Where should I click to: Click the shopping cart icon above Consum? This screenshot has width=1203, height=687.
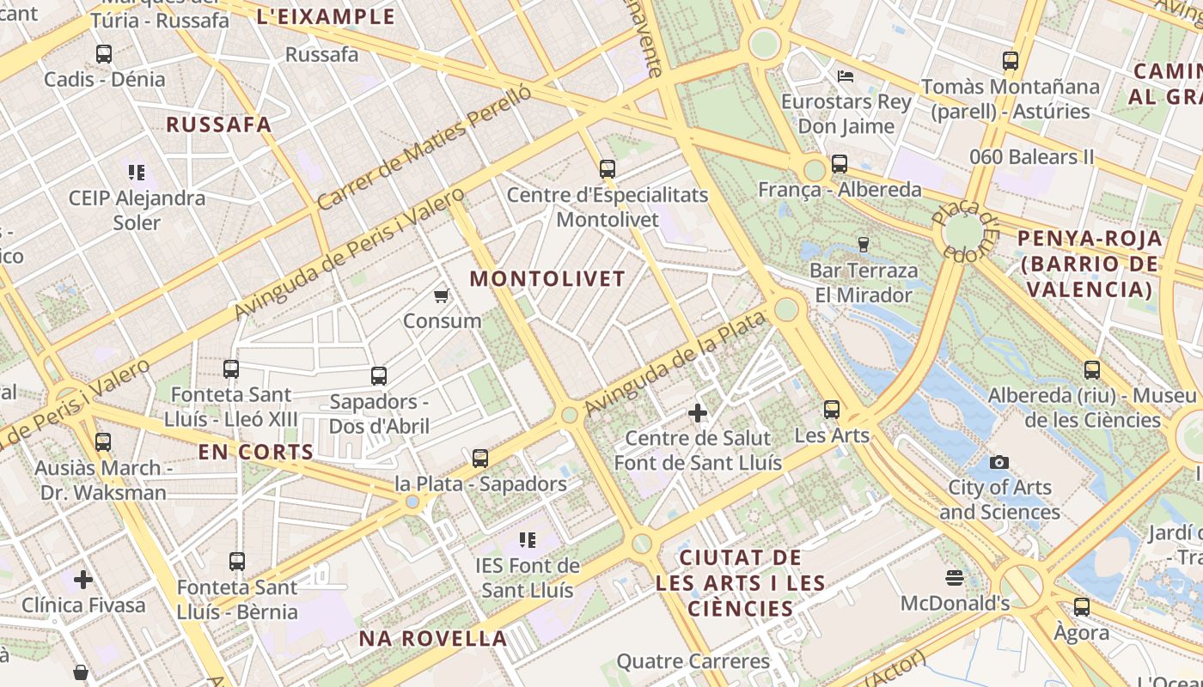pos(442,296)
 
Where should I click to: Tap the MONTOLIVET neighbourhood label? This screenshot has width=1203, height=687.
pos(547,279)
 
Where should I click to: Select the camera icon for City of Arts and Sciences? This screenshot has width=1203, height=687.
pos(998,463)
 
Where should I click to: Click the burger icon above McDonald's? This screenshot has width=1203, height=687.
pos(955,577)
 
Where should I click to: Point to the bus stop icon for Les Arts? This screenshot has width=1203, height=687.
pos(832,410)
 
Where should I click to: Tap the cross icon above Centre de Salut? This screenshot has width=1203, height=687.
pos(698,414)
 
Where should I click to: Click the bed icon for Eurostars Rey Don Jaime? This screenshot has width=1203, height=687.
pos(846,76)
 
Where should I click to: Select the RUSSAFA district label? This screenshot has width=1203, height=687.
pos(219,125)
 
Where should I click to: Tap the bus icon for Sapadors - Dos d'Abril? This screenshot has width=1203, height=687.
pos(378,376)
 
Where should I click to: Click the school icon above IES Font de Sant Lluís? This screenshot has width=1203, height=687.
pos(528,540)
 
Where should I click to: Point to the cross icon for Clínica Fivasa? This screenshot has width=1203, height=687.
pos(83,580)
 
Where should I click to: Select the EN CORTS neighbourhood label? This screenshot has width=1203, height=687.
pos(256,453)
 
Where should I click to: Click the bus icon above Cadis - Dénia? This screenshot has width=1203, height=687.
pos(104,54)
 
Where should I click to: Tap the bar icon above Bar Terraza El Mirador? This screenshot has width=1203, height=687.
pos(864,245)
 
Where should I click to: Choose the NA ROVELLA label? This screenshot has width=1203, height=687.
pos(433,638)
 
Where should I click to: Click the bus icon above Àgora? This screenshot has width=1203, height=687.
pos(1082,607)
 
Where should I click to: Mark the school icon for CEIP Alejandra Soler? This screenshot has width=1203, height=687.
pos(137,173)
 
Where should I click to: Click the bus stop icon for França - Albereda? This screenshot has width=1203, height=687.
pos(840,163)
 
